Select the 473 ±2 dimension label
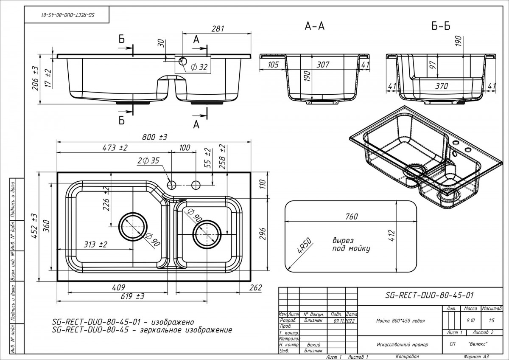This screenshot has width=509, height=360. pos(115,147)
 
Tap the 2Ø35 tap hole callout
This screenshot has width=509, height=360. pos(148,160)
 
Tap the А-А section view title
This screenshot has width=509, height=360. pos(315,26)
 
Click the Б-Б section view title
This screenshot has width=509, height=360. pos(441,26)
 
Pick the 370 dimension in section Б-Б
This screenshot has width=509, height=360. pos(442,86)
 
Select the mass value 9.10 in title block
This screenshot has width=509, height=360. pos(470,321)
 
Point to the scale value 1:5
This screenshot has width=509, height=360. pos(492,321)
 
